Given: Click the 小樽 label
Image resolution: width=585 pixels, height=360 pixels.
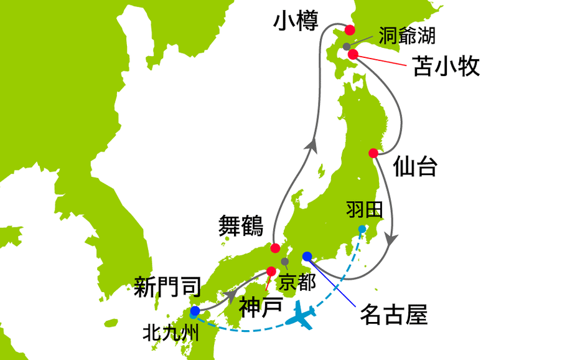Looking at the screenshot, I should pyautogui.click(x=296, y=22).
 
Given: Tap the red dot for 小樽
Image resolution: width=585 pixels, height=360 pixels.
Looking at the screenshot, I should pyautogui.click(x=350, y=29).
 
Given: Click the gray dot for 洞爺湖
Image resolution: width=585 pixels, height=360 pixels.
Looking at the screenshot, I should pyautogui.click(x=347, y=47).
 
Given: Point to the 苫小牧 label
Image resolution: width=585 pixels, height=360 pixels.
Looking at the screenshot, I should pyautogui.click(x=447, y=66).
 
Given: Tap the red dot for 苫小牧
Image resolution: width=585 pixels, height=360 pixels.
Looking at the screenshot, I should pyautogui.click(x=353, y=55).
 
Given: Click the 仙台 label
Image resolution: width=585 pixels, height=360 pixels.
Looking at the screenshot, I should pyautogui.click(x=415, y=167).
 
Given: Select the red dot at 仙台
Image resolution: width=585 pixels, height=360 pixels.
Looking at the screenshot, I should pyautogui.click(x=373, y=153).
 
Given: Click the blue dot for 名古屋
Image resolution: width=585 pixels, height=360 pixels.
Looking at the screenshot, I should pyautogui.click(x=307, y=256).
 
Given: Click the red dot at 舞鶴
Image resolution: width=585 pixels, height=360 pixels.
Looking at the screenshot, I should pyautogui.click(x=275, y=247).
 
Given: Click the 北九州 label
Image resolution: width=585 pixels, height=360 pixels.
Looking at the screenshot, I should pyautogui.click(x=171, y=333).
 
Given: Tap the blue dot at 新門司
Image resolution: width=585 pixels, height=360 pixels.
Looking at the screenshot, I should pyautogui.click(x=195, y=310).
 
